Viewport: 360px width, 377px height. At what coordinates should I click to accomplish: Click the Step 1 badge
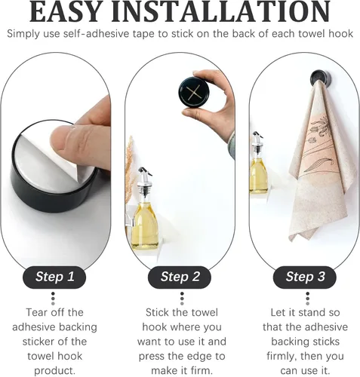(54, 277)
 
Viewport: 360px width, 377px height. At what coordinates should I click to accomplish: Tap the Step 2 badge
(180, 277)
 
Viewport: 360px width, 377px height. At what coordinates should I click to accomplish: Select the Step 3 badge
(305, 277)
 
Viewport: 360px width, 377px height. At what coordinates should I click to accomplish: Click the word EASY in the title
(65, 12)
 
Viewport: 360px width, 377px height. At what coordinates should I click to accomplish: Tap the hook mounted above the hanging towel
(320, 78)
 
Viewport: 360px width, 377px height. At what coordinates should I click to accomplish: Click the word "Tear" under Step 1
(36, 312)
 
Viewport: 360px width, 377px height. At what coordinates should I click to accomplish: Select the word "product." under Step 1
(54, 371)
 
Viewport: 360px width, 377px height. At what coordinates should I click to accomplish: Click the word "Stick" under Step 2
(156, 312)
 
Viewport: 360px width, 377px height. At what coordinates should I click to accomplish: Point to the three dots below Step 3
(307, 299)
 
